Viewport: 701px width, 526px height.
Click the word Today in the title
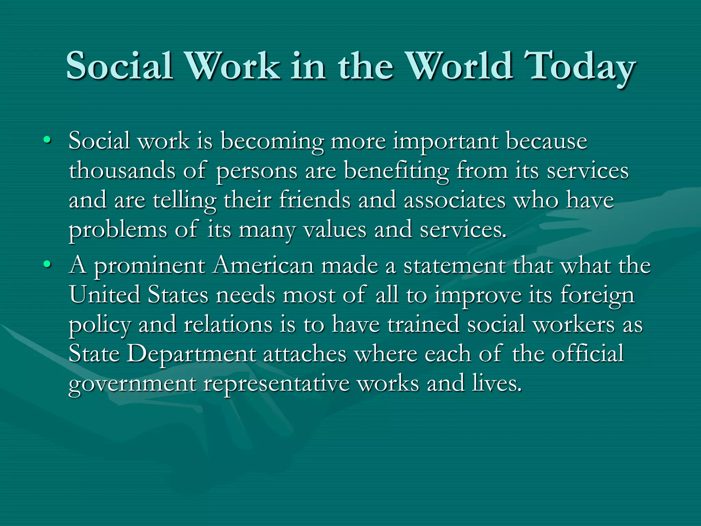click(580, 66)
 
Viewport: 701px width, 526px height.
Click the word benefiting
click(396, 171)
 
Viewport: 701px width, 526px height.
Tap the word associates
click(455, 200)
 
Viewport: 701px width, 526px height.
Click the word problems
click(118, 230)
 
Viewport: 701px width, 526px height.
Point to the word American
click(263, 265)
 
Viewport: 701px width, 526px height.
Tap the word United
click(105, 295)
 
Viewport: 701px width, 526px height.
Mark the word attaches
click(305, 354)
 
